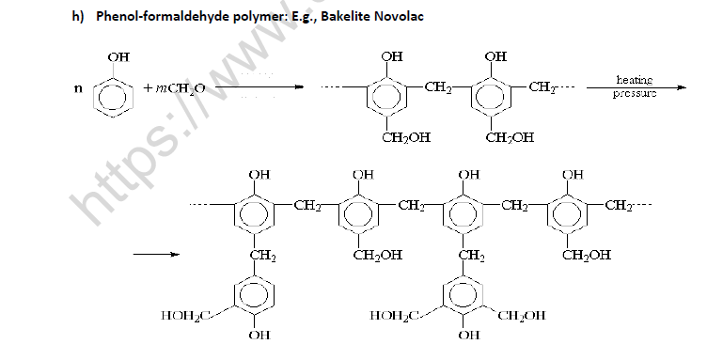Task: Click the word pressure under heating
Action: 634,94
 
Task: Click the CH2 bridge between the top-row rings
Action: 437,88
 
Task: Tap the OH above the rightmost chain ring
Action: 572,174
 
